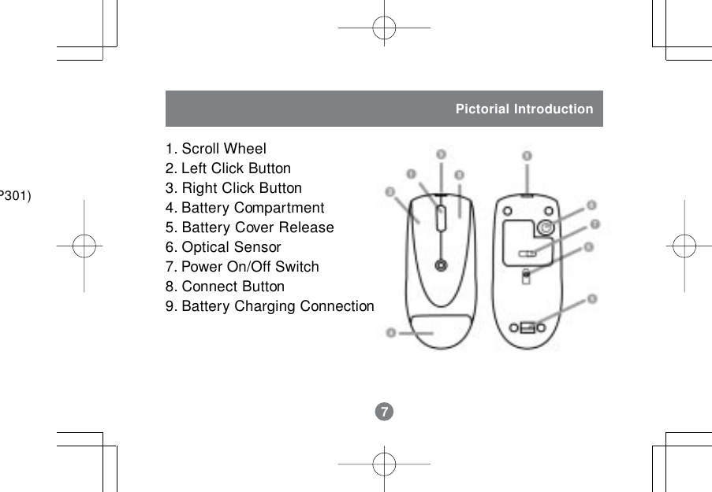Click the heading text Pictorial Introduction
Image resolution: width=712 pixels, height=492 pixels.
(x=524, y=109)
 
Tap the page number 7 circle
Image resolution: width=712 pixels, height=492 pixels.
(x=383, y=412)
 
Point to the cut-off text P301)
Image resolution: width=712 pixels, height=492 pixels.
(x=15, y=194)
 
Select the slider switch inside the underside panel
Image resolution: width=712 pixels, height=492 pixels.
(x=527, y=253)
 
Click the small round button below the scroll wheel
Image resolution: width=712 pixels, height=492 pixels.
(x=441, y=264)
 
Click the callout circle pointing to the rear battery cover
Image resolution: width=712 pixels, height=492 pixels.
(x=391, y=333)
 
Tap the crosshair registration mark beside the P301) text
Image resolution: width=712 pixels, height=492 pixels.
(x=84, y=246)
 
